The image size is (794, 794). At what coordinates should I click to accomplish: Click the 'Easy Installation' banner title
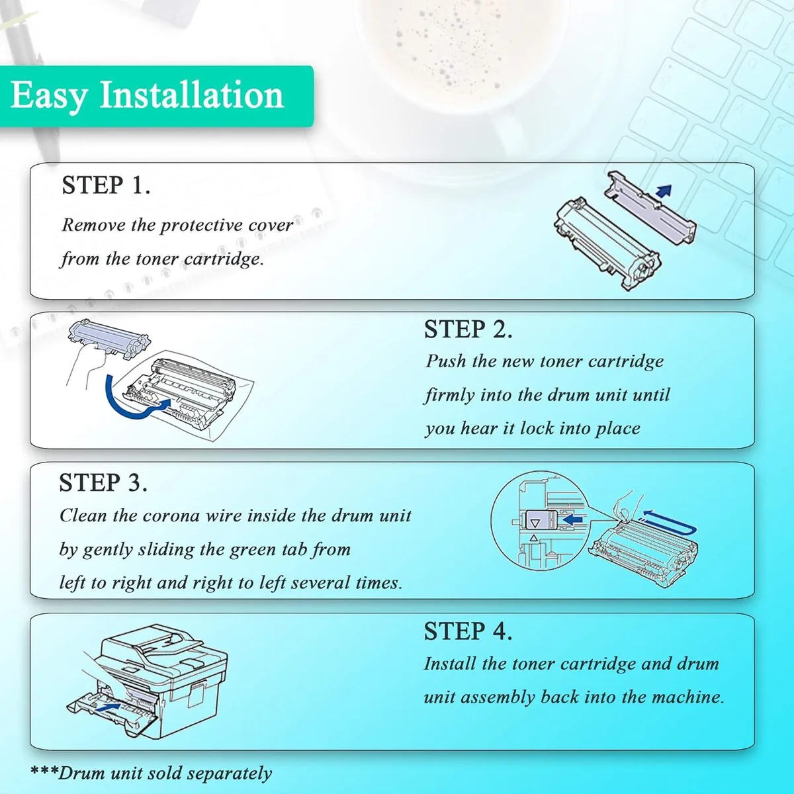pos(147,96)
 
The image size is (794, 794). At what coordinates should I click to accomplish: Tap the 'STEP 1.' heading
pos(106,185)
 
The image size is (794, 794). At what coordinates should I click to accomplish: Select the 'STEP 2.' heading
pos(468,330)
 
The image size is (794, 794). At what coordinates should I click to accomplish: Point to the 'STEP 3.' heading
pos(103,482)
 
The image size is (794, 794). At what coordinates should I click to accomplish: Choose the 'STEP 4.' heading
pos(468,631)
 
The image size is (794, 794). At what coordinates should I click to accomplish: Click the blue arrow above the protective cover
pos(664,191)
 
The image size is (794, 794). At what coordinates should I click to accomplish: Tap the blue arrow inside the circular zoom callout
pos(572,519)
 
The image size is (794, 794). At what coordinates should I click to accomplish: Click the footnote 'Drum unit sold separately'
pos(165,773)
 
